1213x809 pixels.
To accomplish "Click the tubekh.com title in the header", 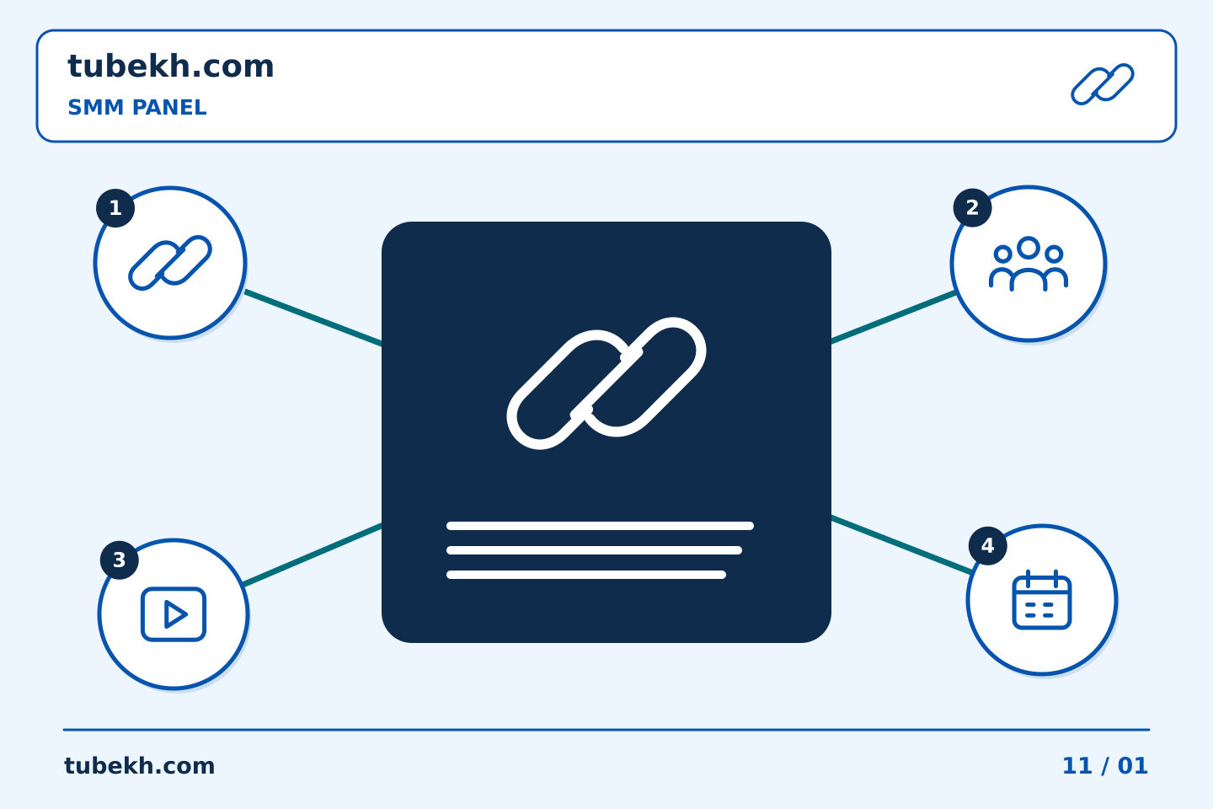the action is (170, 67).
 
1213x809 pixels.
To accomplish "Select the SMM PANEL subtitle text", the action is (137, 107).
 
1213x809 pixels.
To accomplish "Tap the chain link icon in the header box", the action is (1103, 84).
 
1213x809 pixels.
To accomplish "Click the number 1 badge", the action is (115, 208).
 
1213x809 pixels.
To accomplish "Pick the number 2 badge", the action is (973, 207).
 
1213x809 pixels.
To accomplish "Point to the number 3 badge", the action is (119, 560).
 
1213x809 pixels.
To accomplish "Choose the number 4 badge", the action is (988, 546).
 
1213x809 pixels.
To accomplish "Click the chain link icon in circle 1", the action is (170, 263).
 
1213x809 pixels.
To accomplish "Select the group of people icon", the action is (1029, 264).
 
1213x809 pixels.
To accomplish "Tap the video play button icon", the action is (174, 614).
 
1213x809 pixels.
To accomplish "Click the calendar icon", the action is (1042, 600).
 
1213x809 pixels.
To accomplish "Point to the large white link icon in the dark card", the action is (606, 383).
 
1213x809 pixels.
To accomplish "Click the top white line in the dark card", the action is (600, 526).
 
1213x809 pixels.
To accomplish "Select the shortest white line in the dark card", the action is (586, 575).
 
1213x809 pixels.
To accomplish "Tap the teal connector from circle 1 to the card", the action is (313, 318).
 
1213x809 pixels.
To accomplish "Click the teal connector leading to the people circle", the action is (894, 317).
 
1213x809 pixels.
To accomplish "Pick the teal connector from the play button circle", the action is (313, 555).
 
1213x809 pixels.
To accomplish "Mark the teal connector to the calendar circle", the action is (901, 544).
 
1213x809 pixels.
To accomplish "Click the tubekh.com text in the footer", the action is (139, 766).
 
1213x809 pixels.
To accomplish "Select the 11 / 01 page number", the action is (1105, 766).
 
